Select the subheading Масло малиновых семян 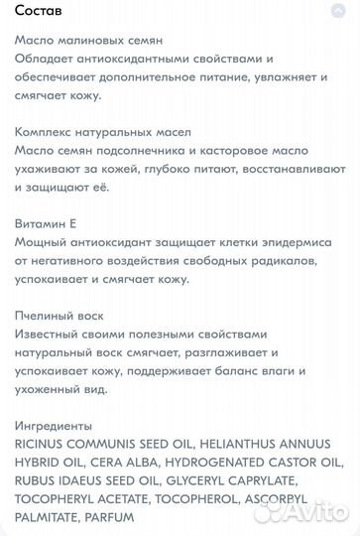[x=80, y=40]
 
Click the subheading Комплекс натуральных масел [x=90, y=131]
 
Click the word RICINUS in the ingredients [x=46, y=444]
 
